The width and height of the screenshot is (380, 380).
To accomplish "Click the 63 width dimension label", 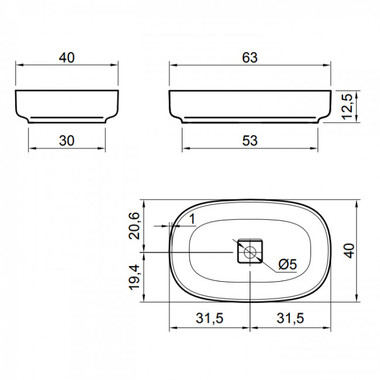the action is click(250, 58).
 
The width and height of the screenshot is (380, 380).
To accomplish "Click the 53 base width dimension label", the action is click(250, 140).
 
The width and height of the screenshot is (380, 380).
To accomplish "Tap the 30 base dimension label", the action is click(67, 140).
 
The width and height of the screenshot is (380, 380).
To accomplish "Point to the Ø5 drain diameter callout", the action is click(288, 264).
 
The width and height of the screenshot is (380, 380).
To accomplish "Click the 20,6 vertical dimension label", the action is click(134, 226).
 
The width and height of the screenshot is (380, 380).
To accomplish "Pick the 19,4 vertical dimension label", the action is click(134, 277).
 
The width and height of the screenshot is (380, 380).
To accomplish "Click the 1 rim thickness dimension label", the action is click(192, 219).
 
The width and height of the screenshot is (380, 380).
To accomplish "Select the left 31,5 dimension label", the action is click(209, 318).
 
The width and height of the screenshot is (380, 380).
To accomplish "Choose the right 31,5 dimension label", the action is click(290, 318).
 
